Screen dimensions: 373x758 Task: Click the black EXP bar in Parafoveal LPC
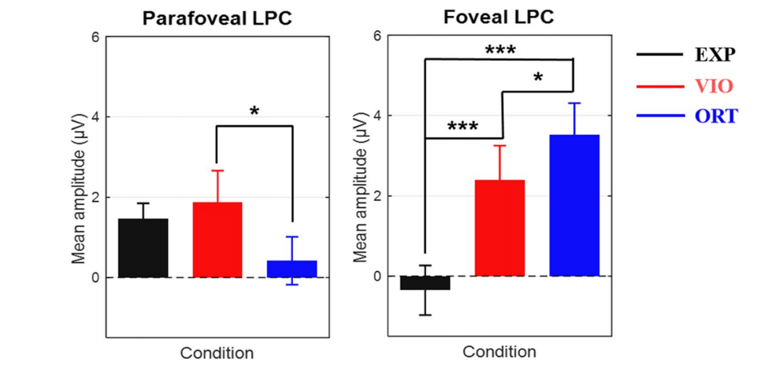pyautogui.click(x=143, y=248)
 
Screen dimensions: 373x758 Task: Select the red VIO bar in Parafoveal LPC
pyautogui.click(x=217, y=240)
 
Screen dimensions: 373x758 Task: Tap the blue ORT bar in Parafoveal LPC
pyautogui.click(x=292, y=269)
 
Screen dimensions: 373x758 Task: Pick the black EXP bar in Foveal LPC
pyautogui.click(x=425, y=283)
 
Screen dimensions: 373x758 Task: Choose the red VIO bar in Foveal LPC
pyautogui.click(x=500, y=228)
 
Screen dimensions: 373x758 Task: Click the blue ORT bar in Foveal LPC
pyautogui.click(x=574, y=206)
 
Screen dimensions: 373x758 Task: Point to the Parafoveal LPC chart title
pyautogui.click(x=217, y=18)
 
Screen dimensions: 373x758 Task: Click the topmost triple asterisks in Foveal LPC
pyautogui.click(x=500, y=50)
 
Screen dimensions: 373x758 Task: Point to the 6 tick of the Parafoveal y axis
pyautogui.click(x=96, y=37)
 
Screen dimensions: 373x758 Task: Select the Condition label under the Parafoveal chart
pyautogui.click(x=217, y=352)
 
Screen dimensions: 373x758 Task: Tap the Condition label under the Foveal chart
pyautogui.click(x=499, y=351)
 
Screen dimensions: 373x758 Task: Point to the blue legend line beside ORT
pyautogui.click(x=660, y=117)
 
